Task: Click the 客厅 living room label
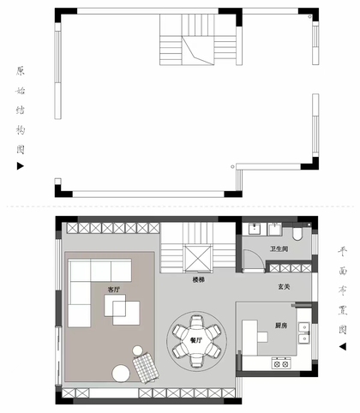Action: click(x=114, y=290)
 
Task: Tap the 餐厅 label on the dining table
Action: click(x=196, y=340)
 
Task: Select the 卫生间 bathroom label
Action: click(x=279, y=248)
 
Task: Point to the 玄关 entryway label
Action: click(x=284, y=286)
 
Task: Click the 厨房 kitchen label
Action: click(x=281, y=326)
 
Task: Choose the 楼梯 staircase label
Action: click(x=199, y=280)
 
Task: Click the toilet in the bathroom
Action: click(x=297, y=233)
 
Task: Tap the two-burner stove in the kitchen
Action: click(x=281, y=363)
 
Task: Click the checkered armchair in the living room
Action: click(x=146, y=367)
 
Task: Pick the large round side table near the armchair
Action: click(x=121, y=374)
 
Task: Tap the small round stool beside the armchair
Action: click(x=138, y=350)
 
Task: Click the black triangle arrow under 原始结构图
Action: click(x=20, y=166)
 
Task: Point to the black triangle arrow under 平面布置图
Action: click(x=343, y=346)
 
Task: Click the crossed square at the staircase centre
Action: click(x=198, y=258)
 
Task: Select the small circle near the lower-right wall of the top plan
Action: click(x=232, y=166)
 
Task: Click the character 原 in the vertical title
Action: click(x=21, y=71)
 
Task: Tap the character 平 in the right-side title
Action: click(x=343, y=251)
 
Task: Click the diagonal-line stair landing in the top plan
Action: click(x=198, y=51)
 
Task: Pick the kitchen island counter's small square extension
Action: click(x=262, y=337)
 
